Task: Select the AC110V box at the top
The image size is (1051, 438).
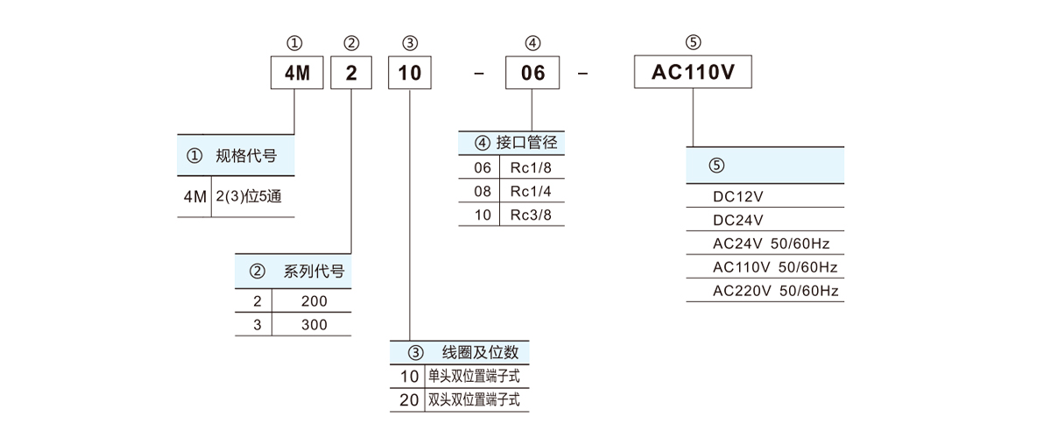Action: (x=692, y=73)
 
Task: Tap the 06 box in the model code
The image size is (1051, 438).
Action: (x=533, y=73)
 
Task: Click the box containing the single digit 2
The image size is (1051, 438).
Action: (x=351, y=73)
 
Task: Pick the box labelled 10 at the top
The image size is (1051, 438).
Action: (x=410, y=73)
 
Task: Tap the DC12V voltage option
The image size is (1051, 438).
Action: (x=738, y=196)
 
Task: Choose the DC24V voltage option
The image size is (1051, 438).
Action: (x=738, y=220)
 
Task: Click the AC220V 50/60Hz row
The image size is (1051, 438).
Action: (x=776, y=291)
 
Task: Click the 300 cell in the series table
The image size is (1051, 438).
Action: (x=313, y=324)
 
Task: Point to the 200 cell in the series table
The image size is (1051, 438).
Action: (x=313, y=301)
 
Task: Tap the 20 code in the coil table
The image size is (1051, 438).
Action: (x=409, y=400)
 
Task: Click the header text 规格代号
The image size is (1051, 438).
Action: (x=246, y=157)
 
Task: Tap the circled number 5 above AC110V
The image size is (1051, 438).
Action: (x=694, y=43)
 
